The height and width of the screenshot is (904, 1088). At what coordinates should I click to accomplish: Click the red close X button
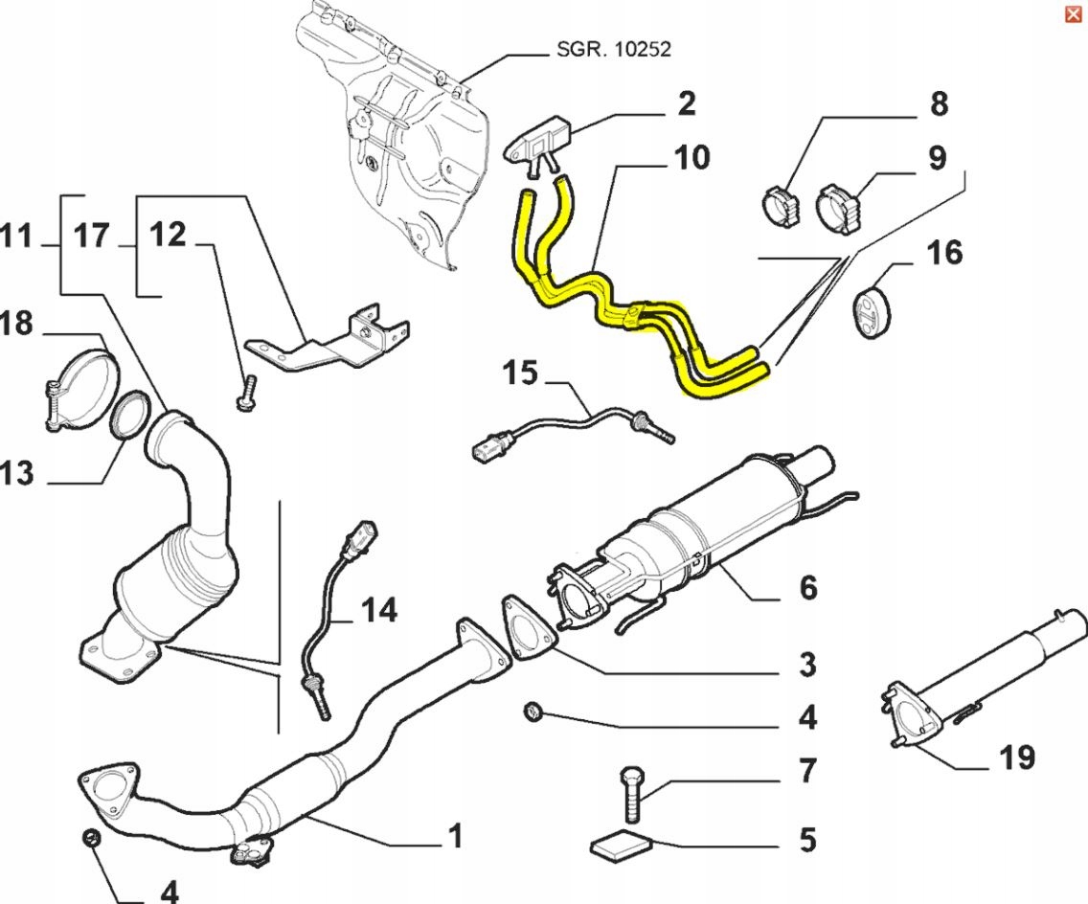click(1073, 13)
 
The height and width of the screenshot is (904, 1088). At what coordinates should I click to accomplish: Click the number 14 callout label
click(379, 609)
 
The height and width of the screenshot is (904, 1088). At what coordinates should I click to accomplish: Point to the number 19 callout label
click(1016, 758)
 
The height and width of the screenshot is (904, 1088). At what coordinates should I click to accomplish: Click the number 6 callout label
click(808, 587)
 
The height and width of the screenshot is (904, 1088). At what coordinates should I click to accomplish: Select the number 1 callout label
click(455, 835)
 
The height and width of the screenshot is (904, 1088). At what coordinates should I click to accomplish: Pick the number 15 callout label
click(522, 372)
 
